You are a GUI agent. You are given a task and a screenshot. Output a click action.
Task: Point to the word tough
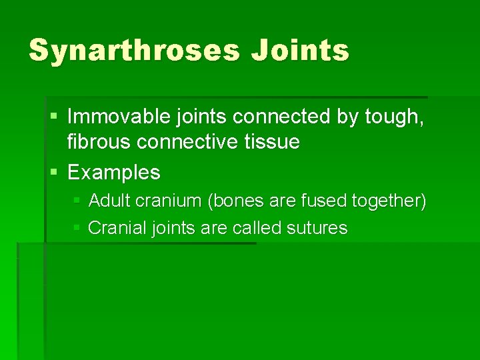tap(394, 118)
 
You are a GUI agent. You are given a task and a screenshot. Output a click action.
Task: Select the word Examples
tap(113, 173)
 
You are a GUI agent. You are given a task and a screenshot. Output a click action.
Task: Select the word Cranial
tap(117, 228)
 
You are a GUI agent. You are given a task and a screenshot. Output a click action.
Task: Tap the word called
tap(257, 228)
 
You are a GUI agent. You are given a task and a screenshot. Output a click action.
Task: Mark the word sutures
tap(317, 228)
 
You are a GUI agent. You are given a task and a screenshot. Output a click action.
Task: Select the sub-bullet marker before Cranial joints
tap(77, 228)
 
